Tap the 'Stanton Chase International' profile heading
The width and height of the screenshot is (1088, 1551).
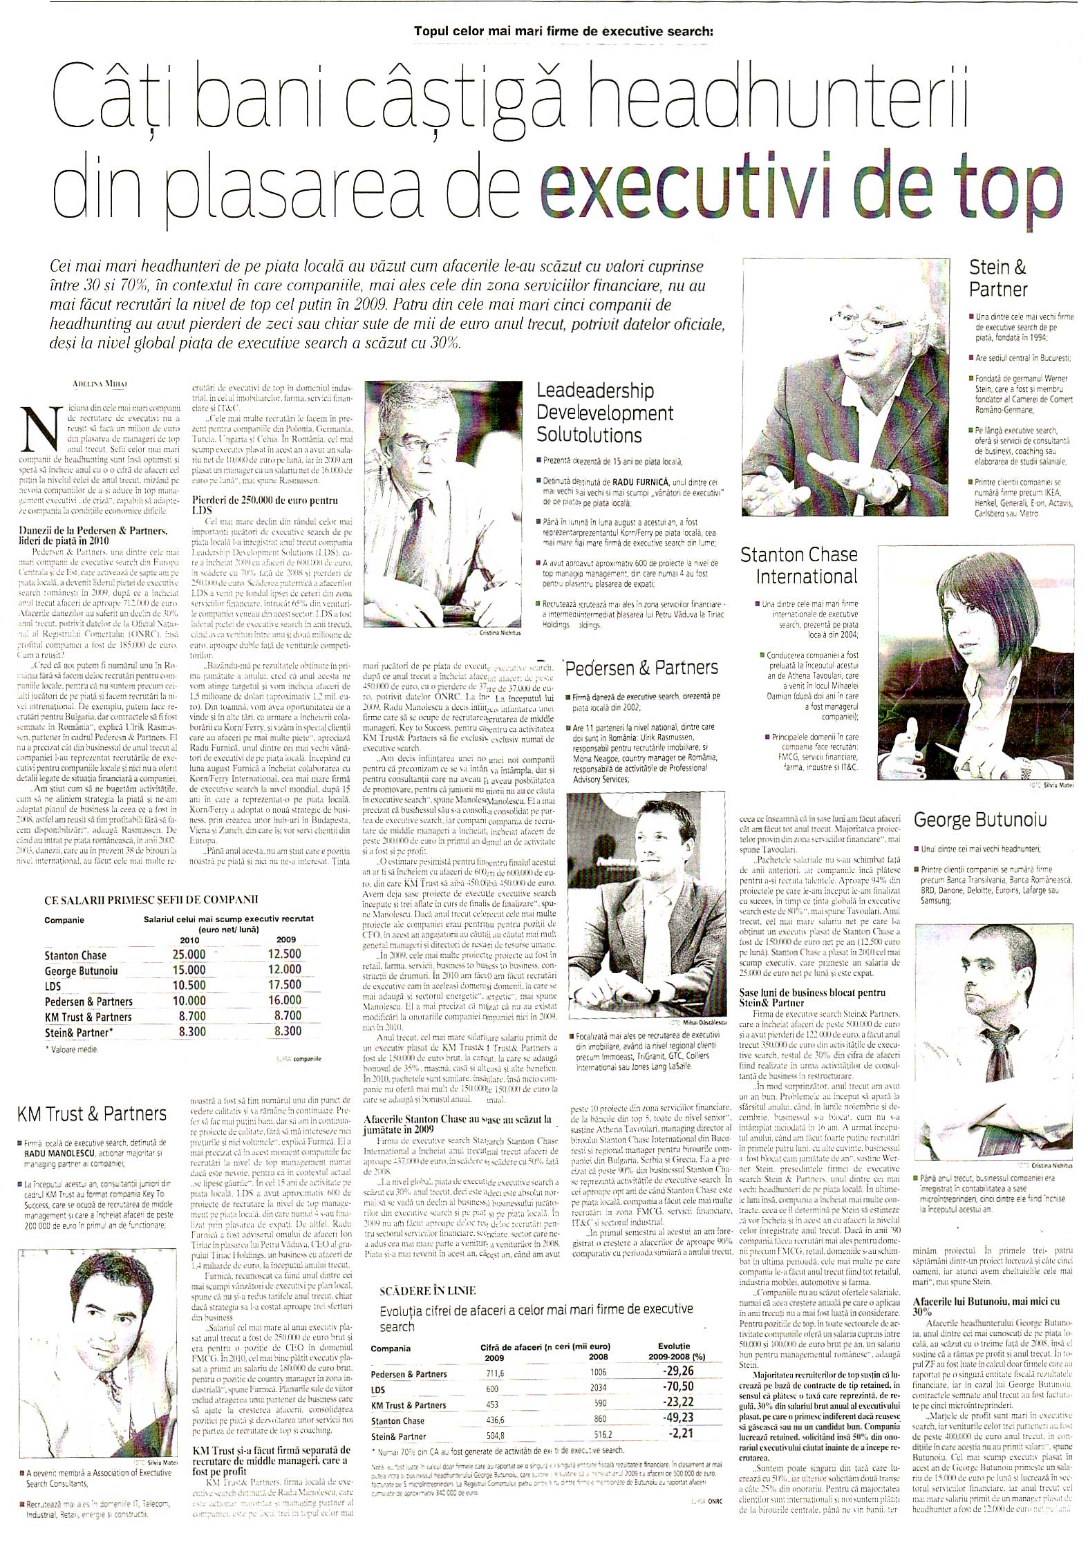point(798,565)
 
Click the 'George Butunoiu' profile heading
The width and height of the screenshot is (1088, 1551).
point(979,820)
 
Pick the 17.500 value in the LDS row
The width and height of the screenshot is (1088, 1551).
point(285,984)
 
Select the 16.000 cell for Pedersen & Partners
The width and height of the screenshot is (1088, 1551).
point(285,1000)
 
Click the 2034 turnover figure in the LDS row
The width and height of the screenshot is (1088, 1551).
point(582,1369)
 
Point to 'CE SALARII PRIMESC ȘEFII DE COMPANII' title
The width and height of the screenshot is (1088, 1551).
point(151,899)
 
